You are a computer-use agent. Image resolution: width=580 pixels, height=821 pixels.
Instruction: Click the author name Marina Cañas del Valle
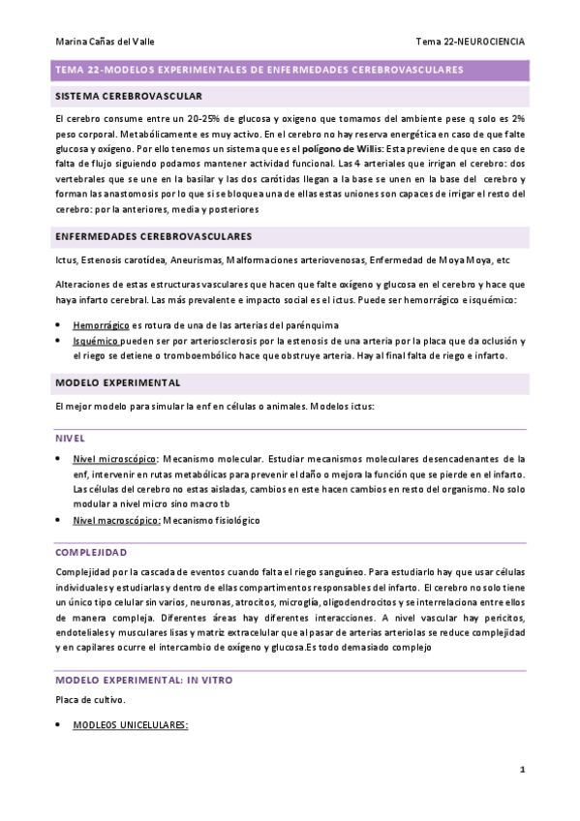105,42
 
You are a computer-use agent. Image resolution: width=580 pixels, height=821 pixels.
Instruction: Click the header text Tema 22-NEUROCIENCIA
471,42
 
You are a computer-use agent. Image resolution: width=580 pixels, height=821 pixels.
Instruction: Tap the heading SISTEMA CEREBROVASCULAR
129,97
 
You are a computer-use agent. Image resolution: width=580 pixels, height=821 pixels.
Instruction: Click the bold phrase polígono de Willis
341,150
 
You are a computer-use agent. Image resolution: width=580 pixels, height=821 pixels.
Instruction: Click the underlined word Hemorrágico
102,325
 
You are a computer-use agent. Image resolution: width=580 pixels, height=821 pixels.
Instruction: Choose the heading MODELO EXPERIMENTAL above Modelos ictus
118,382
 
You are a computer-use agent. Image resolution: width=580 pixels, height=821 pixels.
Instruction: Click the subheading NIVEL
71,438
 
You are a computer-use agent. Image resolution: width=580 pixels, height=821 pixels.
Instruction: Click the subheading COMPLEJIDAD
91,552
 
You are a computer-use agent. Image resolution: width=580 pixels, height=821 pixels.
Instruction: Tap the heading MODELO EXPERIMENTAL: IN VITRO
143,680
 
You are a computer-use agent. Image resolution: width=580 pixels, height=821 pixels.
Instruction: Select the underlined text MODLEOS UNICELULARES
131,725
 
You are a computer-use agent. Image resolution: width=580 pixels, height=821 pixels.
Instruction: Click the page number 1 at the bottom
522,770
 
